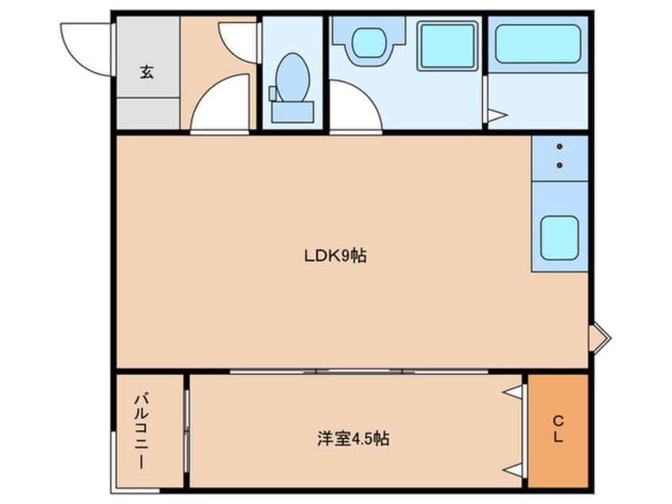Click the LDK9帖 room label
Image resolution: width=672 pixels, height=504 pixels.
click(335, 256)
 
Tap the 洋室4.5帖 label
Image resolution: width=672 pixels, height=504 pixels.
click(353, 438)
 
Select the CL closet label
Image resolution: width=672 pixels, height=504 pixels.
click(558, 429)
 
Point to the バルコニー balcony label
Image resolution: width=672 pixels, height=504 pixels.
click(141, 430)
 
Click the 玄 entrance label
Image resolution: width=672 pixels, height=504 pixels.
click(147, 72)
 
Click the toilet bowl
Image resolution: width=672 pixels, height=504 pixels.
click(293, 77)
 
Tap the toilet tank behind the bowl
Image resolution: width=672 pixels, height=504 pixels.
click(292, 112)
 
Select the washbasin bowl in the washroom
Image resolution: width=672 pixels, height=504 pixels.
click(369, 42)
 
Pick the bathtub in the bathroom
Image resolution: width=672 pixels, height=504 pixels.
click(539, 44)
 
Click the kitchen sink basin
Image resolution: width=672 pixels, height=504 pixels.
click(559, 238)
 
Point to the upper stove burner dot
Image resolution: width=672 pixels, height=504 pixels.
click(559, 147)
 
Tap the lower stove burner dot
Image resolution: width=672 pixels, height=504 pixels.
click(559, 165)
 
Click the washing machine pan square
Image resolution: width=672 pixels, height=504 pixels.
click(447, 46)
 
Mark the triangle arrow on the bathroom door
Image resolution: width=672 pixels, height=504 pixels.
click(497, 115)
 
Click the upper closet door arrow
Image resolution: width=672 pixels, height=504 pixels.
click(513, 392)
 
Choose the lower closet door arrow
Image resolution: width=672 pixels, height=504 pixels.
click(513, 470)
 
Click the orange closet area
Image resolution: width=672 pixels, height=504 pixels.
click(558, 431)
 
